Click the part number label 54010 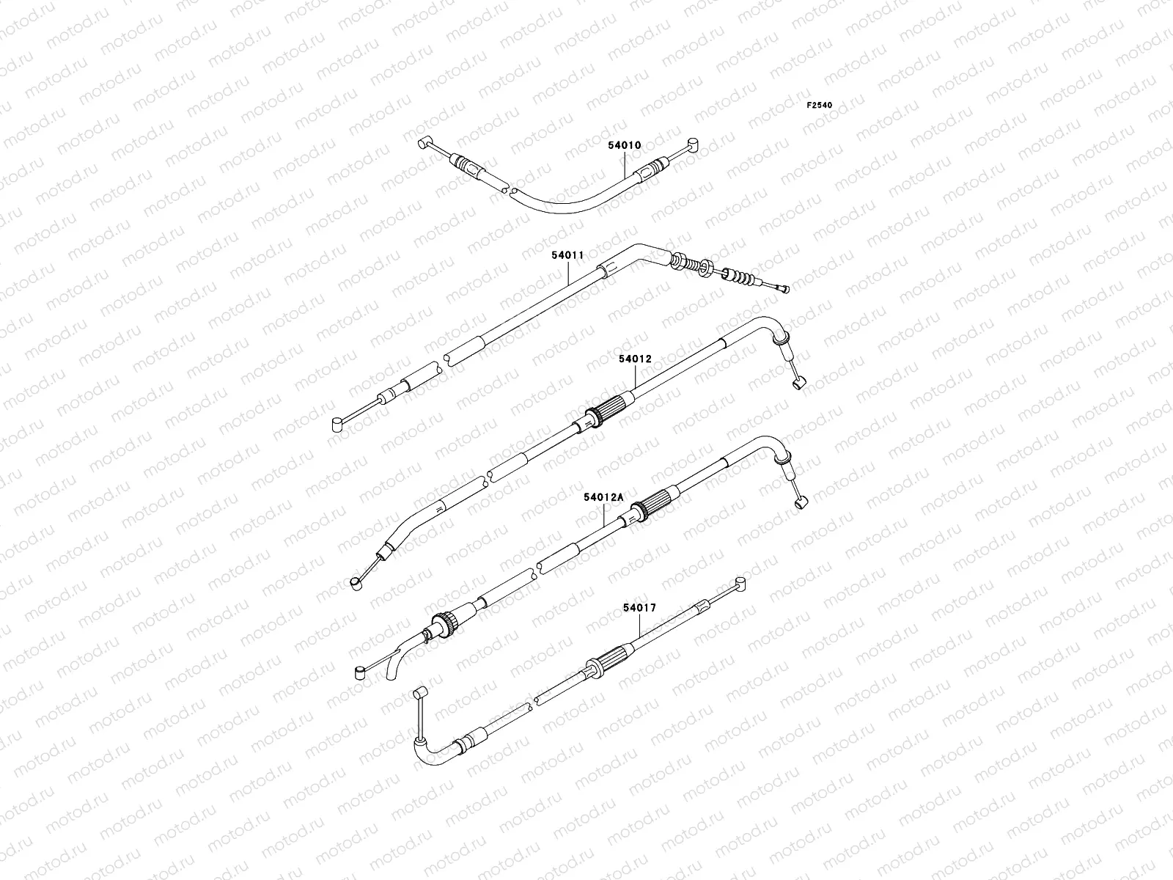point(624,145)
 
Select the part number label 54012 point(634,359)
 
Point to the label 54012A point(603,497)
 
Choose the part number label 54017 point(639,607)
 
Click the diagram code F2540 point(820,105)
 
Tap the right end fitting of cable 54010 point(692,144)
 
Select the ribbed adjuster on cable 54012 point(605,411)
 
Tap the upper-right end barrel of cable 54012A point(801,502)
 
